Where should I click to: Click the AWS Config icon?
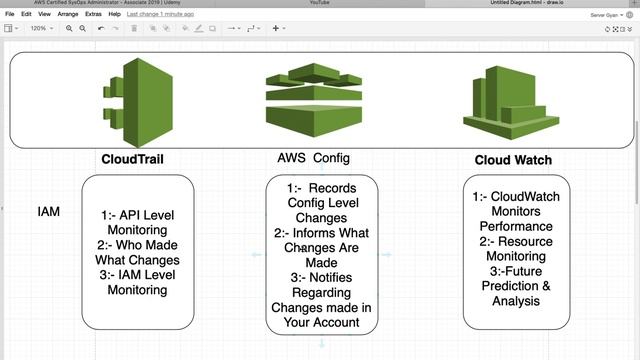313,101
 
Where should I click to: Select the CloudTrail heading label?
132,159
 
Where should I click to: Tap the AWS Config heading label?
313,158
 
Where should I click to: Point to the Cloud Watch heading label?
512,160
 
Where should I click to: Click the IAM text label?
48,212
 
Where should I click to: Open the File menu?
10,15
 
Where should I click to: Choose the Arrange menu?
67,15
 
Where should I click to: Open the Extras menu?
94,15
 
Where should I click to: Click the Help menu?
115,15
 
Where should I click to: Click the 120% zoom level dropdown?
41,28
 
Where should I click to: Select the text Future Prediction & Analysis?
516,285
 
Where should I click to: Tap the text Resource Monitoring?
516,249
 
